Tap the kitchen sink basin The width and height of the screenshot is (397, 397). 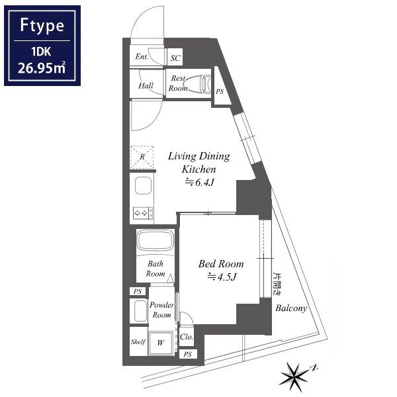click(144, 185)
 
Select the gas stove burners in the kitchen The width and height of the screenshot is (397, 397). click(143, 213)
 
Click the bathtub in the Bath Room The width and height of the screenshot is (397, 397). click(155, 240)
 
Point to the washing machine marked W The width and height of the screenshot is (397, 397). click(161, 343)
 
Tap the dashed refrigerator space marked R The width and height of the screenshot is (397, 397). click(142, 157)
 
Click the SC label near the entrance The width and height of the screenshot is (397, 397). click(175, 58)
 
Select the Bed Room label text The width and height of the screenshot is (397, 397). click(221, 264)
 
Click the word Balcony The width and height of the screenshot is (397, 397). click(291, 308)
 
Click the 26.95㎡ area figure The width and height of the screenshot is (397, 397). click(42, 68)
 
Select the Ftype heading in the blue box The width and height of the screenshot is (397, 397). click(42, 25)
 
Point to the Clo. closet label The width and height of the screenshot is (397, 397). click(187, 337)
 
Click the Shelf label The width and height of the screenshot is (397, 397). click(138, 342)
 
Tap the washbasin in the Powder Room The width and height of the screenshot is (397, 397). click(140, 311)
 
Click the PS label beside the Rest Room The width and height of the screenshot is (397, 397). click(220, 91)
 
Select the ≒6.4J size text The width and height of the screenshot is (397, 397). click(200, 182)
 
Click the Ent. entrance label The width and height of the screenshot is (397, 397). click(142, 56)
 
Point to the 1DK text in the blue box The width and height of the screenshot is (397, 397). click(41, 52)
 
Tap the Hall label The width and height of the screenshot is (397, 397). click(146, 85)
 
